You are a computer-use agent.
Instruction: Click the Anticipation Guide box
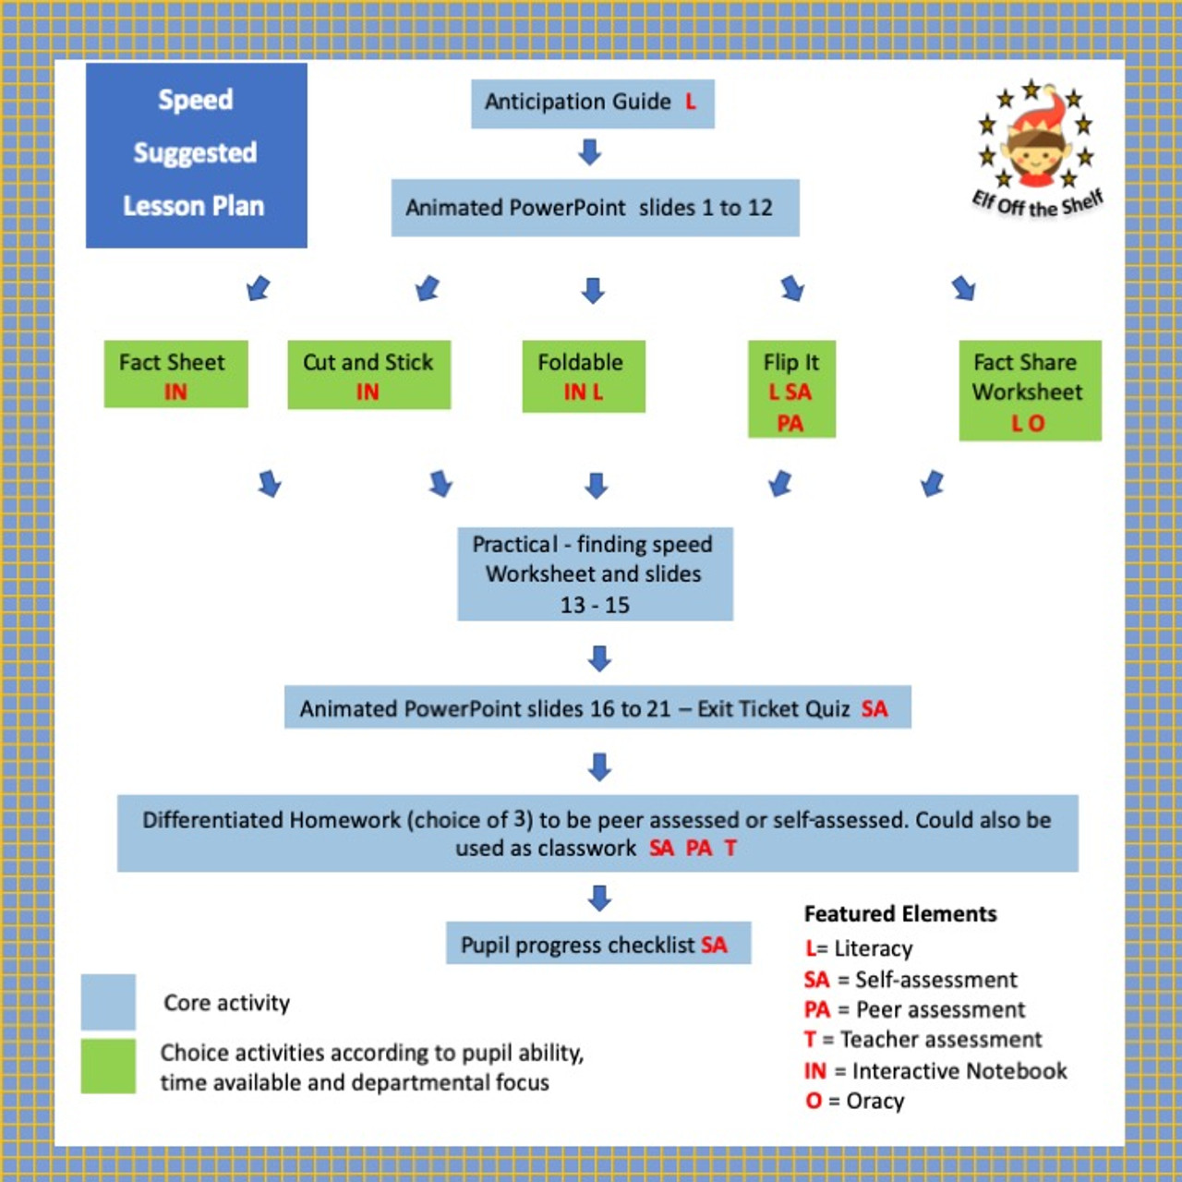[592, 103]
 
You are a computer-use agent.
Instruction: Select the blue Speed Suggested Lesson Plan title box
[196, 154]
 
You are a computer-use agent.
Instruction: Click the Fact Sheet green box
[175, 374]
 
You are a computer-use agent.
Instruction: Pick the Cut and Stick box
[368, 375]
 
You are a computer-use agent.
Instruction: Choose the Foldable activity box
[583, 376]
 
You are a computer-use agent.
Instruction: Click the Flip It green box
[791, 390]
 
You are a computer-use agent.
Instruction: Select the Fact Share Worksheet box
[1030, 391]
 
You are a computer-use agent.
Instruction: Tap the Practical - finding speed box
[595, 573]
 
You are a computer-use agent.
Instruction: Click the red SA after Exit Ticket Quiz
[874, 709]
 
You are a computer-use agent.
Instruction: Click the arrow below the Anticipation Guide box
[590, 151]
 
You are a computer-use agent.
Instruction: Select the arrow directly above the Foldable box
[593, 291]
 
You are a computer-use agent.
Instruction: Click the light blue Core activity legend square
[108, 1002]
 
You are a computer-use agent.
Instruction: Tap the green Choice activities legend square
[108, 1066]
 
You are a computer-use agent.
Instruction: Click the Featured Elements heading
[900, 914]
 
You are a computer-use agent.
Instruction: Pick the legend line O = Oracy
[855, 1101]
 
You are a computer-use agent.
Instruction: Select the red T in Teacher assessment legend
[810, 1040]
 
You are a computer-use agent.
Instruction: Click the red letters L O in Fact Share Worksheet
[1028, 423]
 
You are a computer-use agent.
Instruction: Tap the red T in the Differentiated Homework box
[730, 848]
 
